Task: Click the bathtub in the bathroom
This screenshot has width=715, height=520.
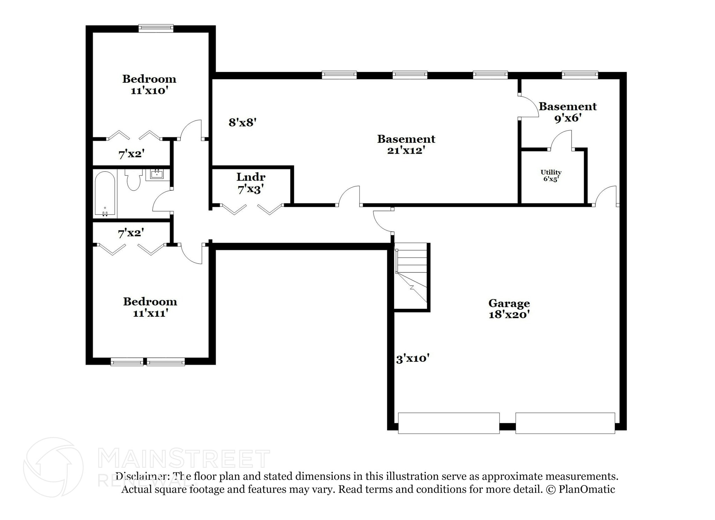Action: click(105, 194)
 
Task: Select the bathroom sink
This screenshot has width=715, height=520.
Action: click(157, 174)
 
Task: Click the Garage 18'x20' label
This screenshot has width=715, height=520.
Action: click(509, 309)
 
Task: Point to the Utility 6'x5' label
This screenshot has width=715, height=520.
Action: click(551, 176)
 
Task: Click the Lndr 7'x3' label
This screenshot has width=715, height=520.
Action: click(251, 183)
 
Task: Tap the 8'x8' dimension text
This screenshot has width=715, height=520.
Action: click(243, 123)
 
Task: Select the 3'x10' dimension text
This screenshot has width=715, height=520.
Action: click(413, 359)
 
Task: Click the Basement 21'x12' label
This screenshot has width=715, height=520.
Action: click(406, 145)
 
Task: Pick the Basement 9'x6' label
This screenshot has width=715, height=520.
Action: click(568, 112)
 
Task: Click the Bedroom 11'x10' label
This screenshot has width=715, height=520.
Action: click(149, 85)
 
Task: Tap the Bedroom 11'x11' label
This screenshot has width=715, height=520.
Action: click(150, 307)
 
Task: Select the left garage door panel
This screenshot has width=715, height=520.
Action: click(449, 423)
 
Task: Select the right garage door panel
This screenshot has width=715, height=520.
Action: click(565, 423)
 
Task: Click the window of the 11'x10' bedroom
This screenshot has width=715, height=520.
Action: click(156, 28)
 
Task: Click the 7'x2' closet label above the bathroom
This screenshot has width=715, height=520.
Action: click(131, 154)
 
